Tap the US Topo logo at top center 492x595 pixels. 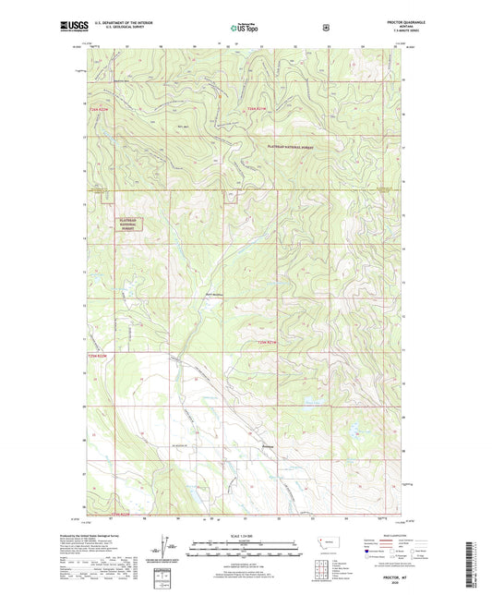(x=244, y=29)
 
